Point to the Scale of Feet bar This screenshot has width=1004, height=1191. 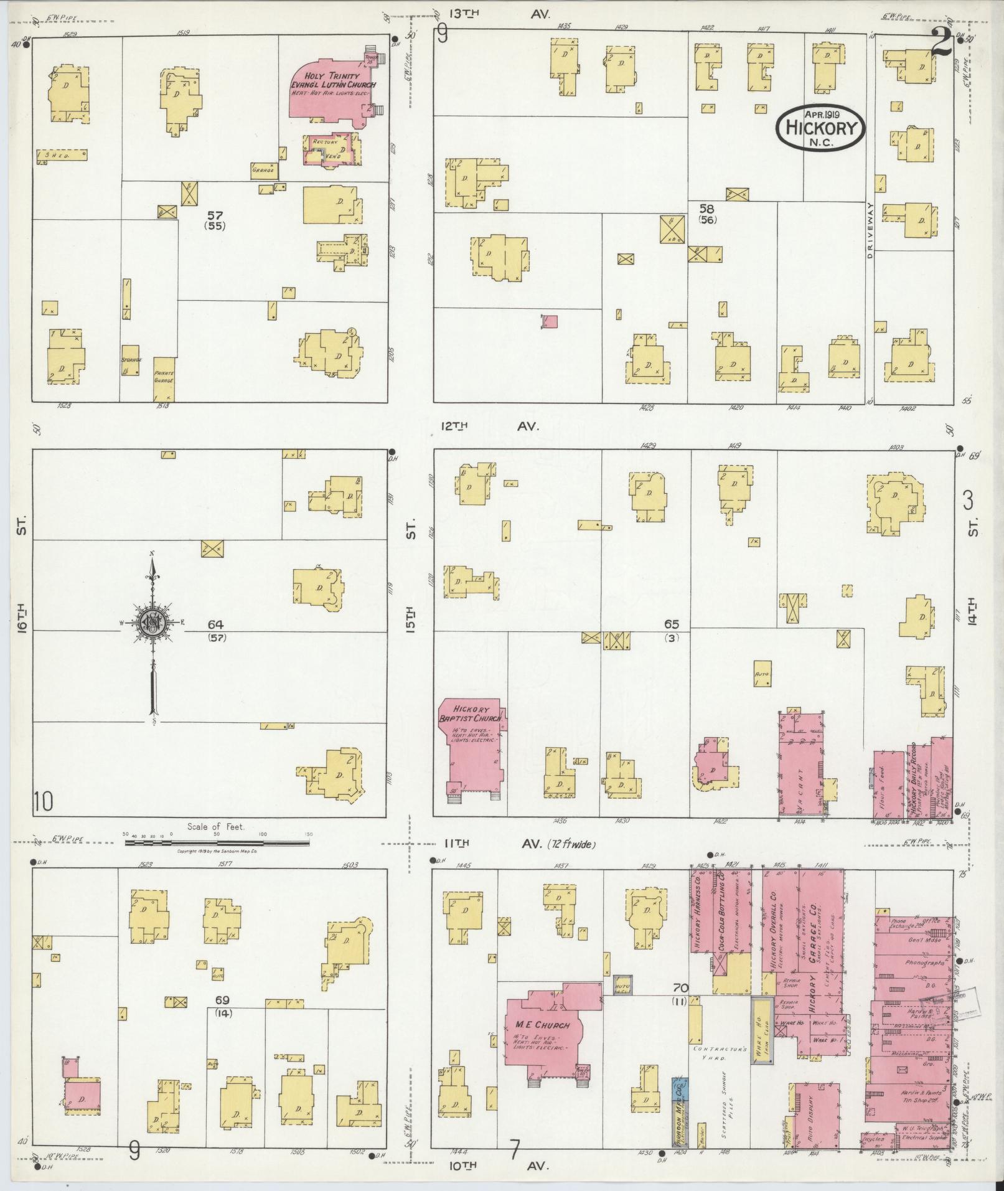(217, 842)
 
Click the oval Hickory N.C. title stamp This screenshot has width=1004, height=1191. (820, 126)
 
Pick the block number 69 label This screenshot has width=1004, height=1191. (222, 1000)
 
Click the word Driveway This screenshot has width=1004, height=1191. (870, 231)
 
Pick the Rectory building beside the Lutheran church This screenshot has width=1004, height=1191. (329, 149)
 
